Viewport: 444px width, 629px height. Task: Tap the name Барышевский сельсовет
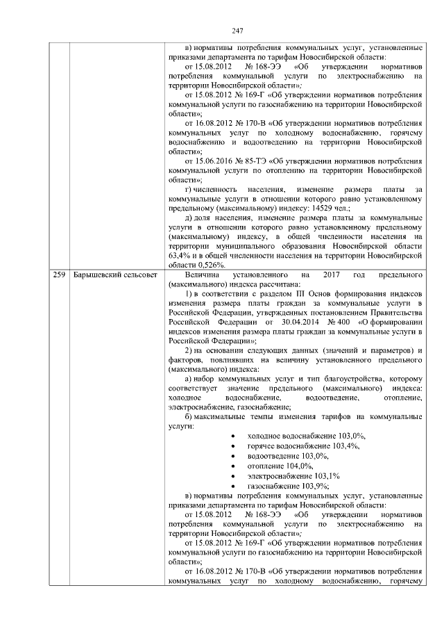click(110, 277)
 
